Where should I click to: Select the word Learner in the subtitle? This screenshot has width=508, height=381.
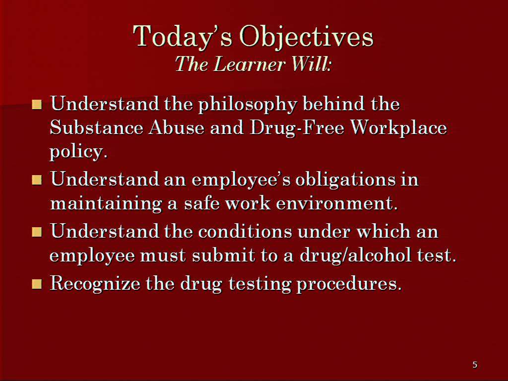(x=250, y=63)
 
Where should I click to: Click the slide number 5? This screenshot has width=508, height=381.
(x=475, y=365)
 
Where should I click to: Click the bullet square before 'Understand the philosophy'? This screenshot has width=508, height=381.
(x=37, y=104)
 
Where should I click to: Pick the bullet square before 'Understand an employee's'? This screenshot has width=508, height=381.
(x=37, y=180)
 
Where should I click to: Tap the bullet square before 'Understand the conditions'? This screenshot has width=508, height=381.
(x=37, y=232)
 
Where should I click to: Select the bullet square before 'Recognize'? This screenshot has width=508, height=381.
(x=37, y=284)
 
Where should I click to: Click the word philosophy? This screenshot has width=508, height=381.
(x=248, y=105)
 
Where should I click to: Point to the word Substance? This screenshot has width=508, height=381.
(x=96, y=127)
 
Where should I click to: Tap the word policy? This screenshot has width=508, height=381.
(x=78, y=152)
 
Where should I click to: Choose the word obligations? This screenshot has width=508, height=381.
(x=345, y=180)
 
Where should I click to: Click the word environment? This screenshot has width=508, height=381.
(x=337, y=204)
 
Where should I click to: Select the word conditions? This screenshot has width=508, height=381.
(x=245, y=232)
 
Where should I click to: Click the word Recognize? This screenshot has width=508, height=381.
(x=95, y=284)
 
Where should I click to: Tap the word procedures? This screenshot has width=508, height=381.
(x=349, y=284)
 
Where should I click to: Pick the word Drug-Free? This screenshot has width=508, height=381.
(x=297, y=127)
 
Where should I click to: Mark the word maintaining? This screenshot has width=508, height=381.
(x=106, y=204)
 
